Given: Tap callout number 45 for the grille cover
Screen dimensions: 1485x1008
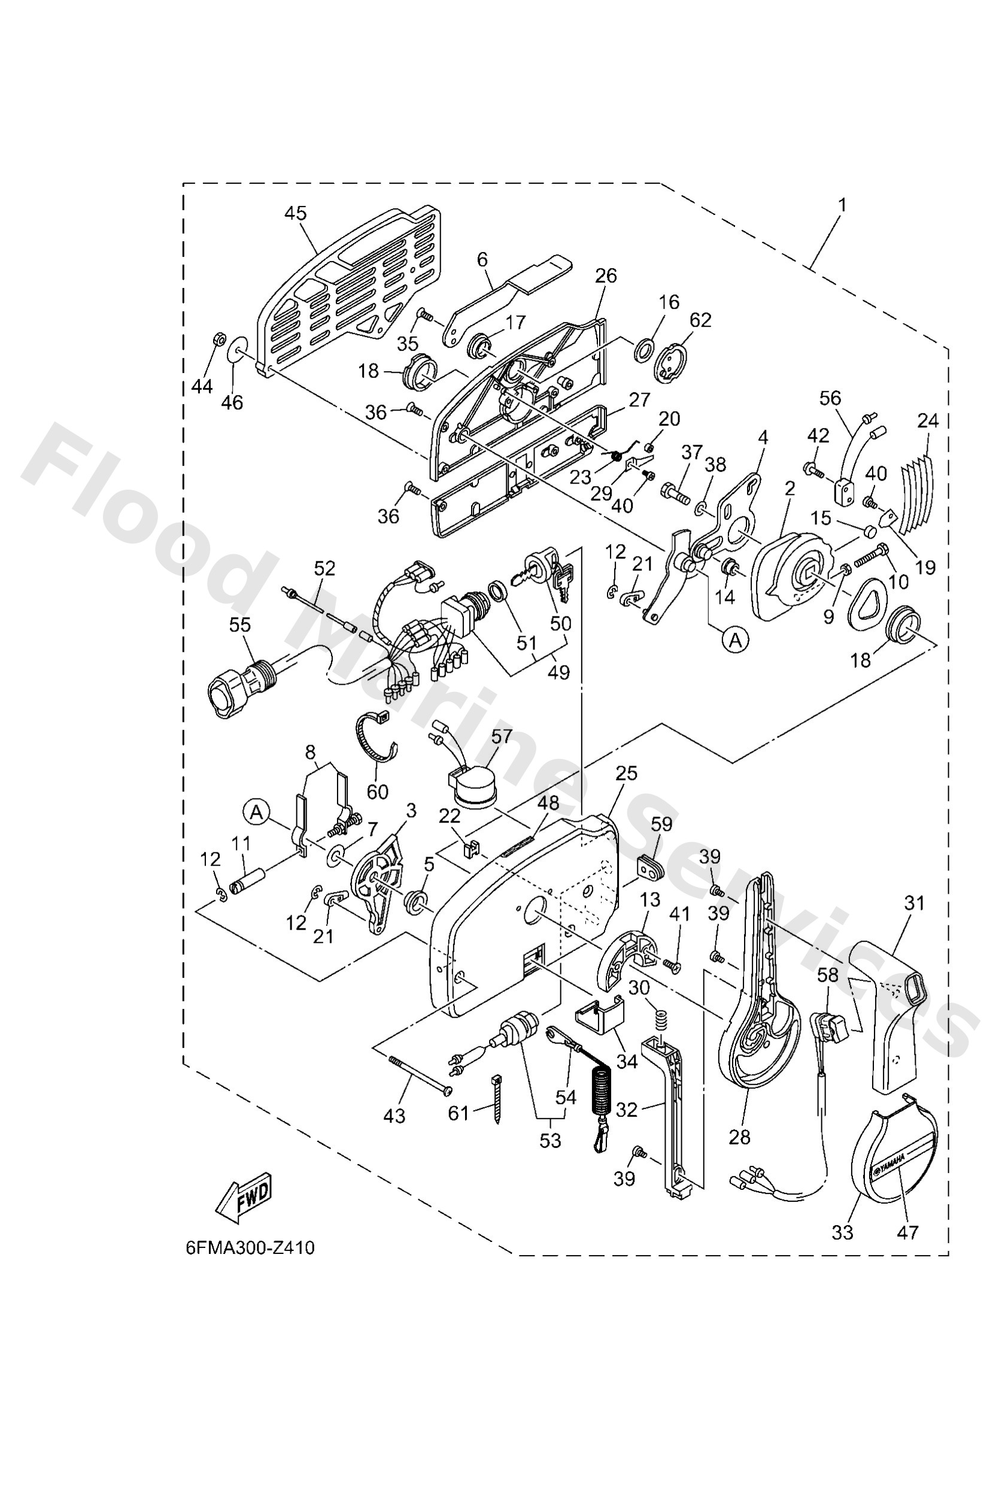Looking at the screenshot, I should pos(295,214).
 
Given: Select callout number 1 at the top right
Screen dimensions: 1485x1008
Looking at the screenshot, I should pos(842,205).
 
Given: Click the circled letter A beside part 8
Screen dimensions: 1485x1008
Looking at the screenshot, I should pos(256,813).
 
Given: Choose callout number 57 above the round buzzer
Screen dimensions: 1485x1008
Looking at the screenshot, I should pos(502,737).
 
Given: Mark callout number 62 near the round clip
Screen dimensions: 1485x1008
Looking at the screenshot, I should pos(700,320).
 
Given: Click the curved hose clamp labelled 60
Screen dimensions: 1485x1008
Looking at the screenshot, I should pos(375,741).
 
